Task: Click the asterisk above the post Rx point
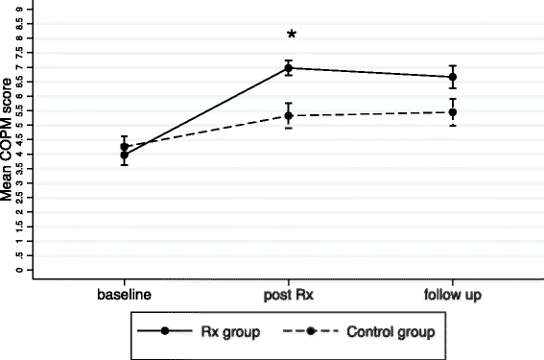(x=291, y=36)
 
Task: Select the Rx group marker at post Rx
(x=291, y=68)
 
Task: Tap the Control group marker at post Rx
(x=291, y=116)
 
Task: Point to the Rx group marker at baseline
(x=125, y=155)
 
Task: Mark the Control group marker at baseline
(x=125, y=147)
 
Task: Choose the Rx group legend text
(x=215, y=331)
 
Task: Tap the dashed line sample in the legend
(x=313, y=331)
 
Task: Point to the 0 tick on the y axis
(x=18, y=271)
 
